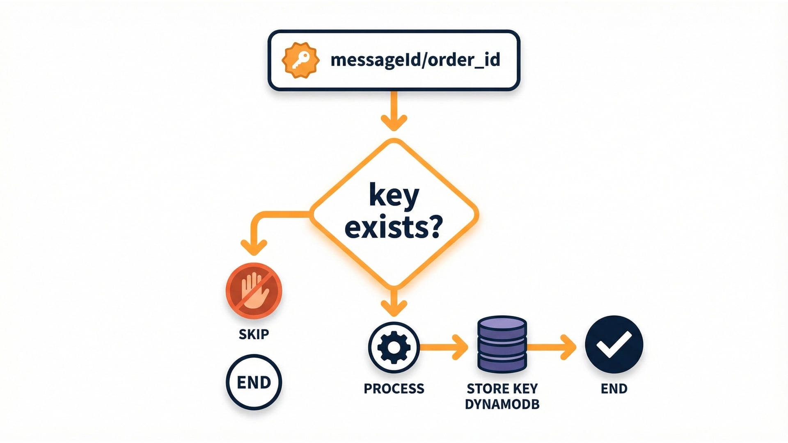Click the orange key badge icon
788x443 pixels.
point(300,60)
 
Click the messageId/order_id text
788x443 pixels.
point(415,60)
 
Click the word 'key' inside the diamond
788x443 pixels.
point(394,196)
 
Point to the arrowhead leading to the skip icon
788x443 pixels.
point(254,247)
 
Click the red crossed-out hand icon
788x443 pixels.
point(254,291)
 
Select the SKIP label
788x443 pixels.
point(254,334)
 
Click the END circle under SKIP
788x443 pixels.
point(254,382)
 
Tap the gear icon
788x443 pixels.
point(394,347)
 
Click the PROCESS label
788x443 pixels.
point(394,388)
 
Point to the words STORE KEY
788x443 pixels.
point(502,388)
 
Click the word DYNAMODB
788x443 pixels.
point(502,404)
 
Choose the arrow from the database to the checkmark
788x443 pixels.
point(552,347)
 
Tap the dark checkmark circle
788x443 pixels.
point(614,344)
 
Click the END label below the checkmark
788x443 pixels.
point(614,388)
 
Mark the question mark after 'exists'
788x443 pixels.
point(433,227)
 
